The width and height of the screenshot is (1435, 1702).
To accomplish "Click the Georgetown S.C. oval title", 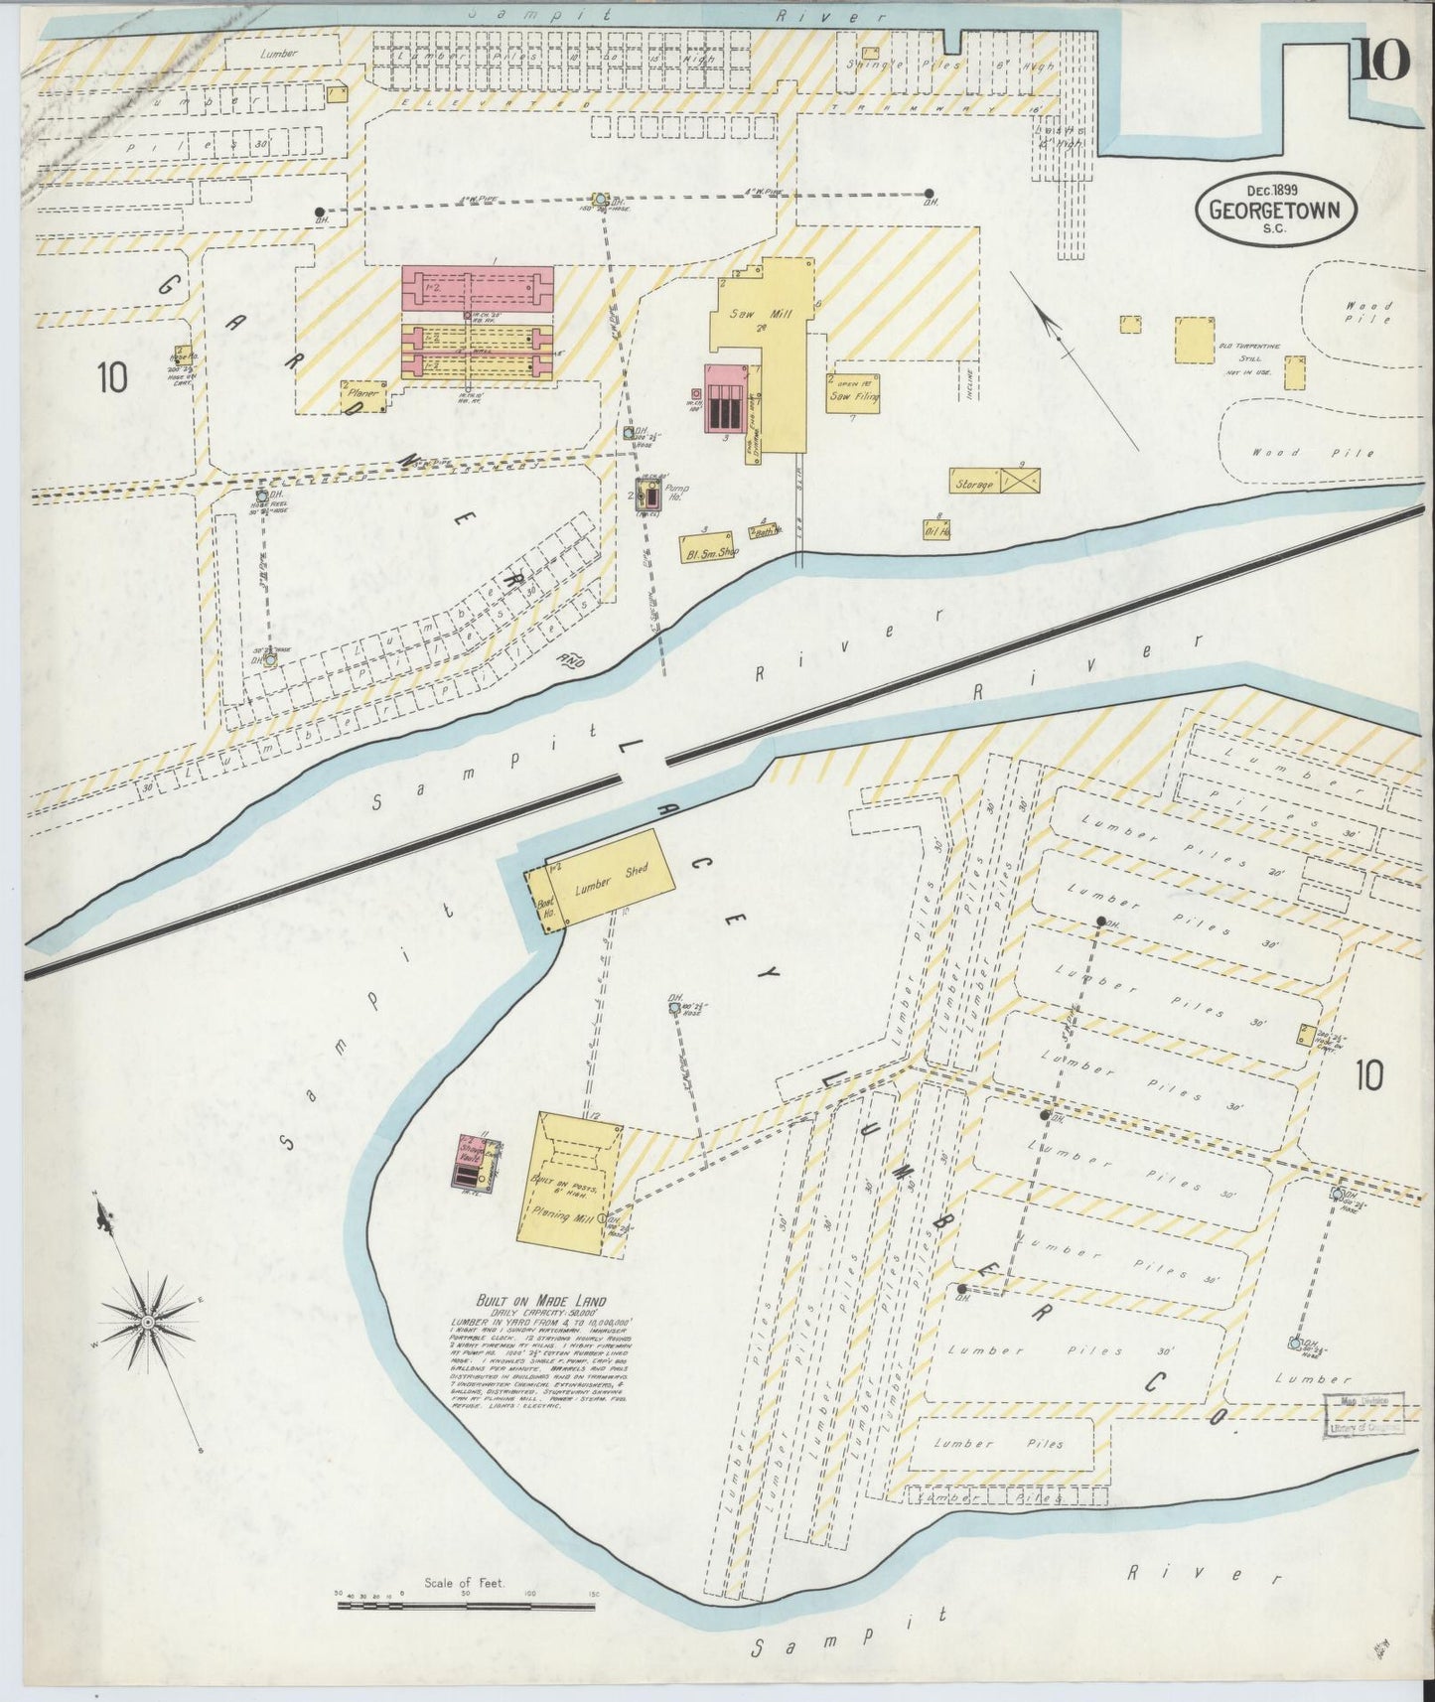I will [1274, 210].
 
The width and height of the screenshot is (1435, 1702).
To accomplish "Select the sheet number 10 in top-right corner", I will [1379, 62].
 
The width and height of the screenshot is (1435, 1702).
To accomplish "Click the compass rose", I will [147, 1322].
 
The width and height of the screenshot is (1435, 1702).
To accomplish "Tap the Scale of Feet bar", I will [467, 1602].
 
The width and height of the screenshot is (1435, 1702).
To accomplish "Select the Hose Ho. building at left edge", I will [182, 355].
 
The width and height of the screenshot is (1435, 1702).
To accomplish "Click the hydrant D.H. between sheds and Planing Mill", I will [675, 1008].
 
